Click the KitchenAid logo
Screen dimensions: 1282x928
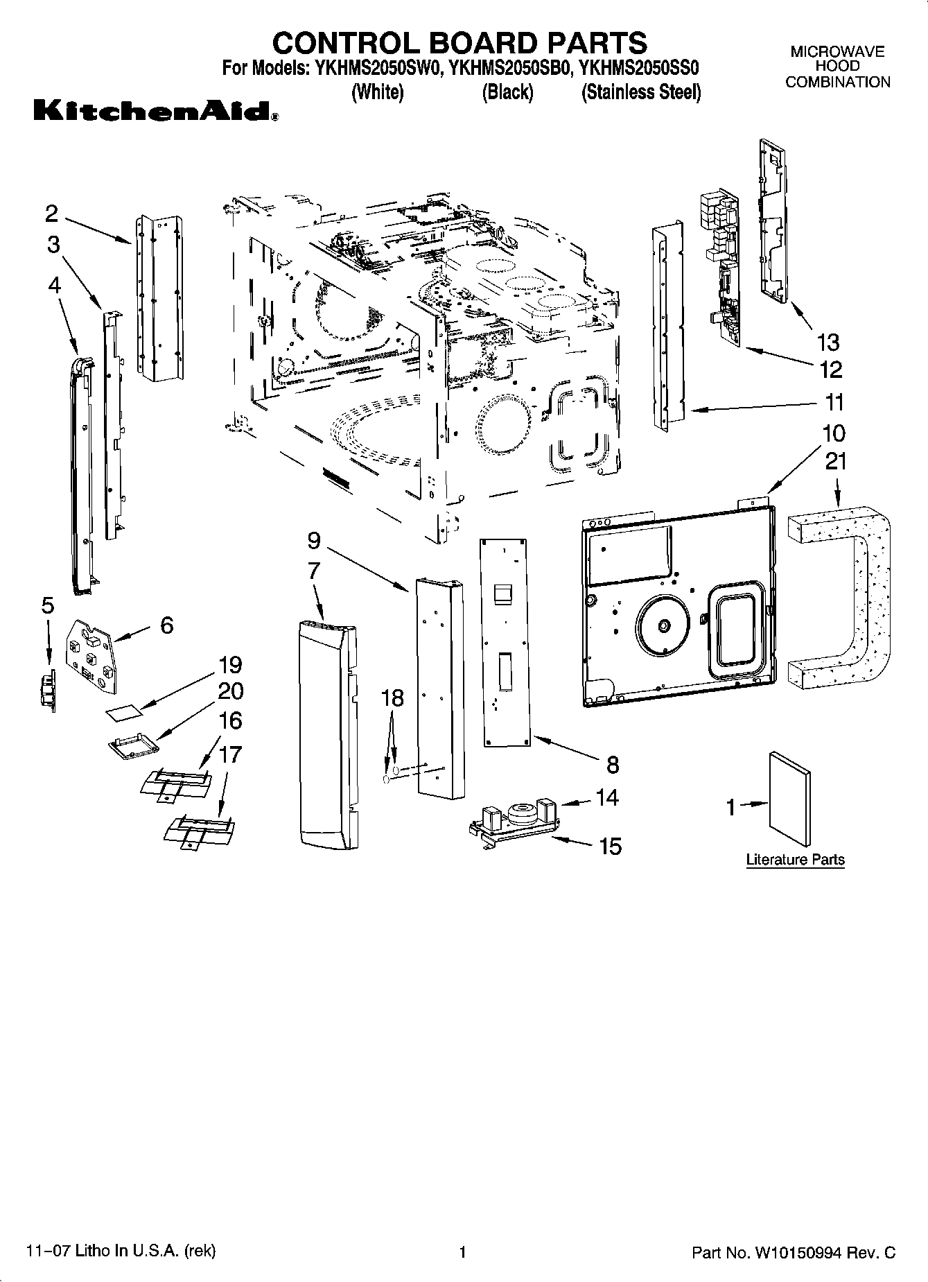click(x=156, y=111)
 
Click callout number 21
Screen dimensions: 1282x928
click(x=836, y=460)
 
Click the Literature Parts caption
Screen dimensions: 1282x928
click(x=795, y=860)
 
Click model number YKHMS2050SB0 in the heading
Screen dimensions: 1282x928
click(x=509, y=68)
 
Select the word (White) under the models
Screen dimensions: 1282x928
click(x=378, y=92)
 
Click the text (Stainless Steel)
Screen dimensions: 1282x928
click(x=641, y=92)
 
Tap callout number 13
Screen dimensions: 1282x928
click(x=828, y=342)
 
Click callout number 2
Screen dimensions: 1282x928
click(x=51, y=214)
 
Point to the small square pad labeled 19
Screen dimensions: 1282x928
click(x=123, y=712)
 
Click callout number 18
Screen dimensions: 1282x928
click(x=392, y=698)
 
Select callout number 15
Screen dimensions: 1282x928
click(x=610, y=846)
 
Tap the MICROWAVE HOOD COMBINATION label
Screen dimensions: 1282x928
click(x=837, y=67)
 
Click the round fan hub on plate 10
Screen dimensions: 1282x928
click(x=663, y=626)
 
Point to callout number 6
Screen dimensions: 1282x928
click(x=166, y=625)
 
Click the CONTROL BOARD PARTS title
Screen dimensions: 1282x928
click(x=459, y=43)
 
